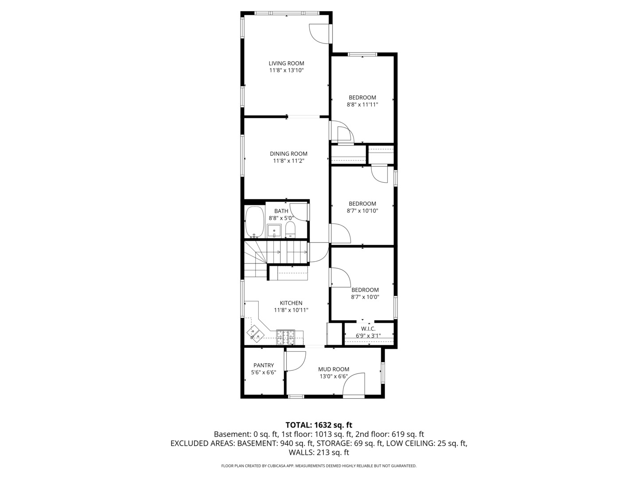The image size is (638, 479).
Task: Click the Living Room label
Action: coord(286,63)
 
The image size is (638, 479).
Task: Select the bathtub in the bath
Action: coord(254,221)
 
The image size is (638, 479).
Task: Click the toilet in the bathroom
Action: coord(290,229)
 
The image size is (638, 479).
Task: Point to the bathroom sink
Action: coord(274,231)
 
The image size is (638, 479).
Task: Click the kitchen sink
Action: coord(255,334)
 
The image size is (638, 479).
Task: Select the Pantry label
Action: coord(264,365)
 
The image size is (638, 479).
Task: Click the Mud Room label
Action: coord(334,369)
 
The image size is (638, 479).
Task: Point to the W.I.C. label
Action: coord(368,329)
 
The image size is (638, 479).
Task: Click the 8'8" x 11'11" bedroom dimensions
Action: coord(362,105)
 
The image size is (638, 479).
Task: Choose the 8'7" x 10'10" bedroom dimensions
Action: coord(362,211)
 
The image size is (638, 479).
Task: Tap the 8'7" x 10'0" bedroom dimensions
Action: coord(365,297)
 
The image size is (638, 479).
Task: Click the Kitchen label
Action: coord(291,303)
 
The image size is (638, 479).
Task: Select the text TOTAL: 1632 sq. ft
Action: coord(319,425)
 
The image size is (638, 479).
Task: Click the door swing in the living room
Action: coord(319,33)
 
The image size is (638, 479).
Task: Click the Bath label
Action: coord(281,211)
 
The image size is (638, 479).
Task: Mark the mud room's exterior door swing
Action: coord(354,384)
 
